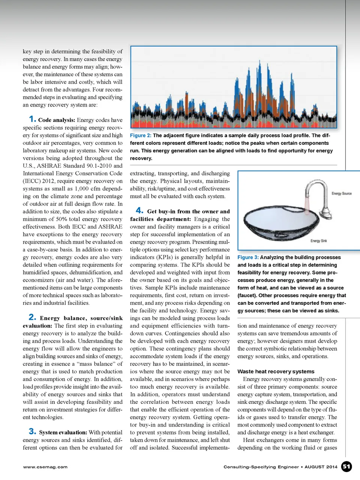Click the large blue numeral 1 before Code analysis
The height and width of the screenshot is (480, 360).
click(x=32, y=119)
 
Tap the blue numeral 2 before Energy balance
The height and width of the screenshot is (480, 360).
click(x=32, y=317)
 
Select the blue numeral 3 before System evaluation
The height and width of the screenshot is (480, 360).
click(x=32, y=431)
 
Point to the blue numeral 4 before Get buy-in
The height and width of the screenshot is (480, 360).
click(x=139, y=211)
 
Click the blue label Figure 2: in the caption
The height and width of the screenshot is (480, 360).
click(x=141, y=135)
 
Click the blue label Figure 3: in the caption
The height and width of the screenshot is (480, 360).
click(x=248, y=257)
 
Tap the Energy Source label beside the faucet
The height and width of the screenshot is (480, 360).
click(x=341, y=194)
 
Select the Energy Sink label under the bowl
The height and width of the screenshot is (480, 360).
click(x=318, y=241)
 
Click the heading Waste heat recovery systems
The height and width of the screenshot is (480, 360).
click(x=276, y=372)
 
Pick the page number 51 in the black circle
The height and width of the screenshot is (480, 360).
click(x=346, y=466)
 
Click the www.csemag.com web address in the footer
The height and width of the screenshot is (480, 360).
click(x=45, y=467)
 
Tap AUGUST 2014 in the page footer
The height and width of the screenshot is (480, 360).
click(x=321, y=467)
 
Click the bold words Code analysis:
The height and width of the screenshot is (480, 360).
click(x=57, y=120)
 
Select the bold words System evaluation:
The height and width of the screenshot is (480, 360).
click(x=63, y=433)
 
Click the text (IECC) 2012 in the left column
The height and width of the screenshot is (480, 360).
click(x=39, y=181)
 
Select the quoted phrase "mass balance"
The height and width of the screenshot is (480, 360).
click(x=96, y=364)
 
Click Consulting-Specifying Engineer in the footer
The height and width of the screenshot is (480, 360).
click(x=261, y=467)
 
